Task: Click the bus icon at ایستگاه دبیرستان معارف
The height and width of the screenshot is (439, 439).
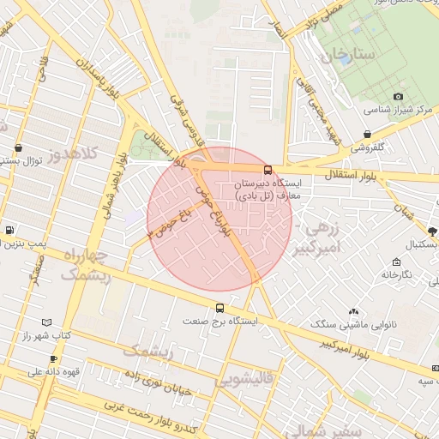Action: pyautogui.click(x=268, y=170)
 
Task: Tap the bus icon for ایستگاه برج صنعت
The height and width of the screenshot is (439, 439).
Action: pyautogui.click(x=220, y=308)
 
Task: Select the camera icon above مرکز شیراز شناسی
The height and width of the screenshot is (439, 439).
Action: pyautogui.click(x=398, y=97)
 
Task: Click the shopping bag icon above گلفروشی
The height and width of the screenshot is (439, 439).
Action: pyautogui.click(x=367, y=135)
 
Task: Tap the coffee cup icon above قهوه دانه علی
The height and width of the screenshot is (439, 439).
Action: pyautogui.click(x=54, y=358)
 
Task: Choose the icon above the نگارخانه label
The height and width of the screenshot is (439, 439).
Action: pyautogui.click(x=396, y=262)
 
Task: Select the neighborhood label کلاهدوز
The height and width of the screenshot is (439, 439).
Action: pyautogui.click(x=74, y=155)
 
